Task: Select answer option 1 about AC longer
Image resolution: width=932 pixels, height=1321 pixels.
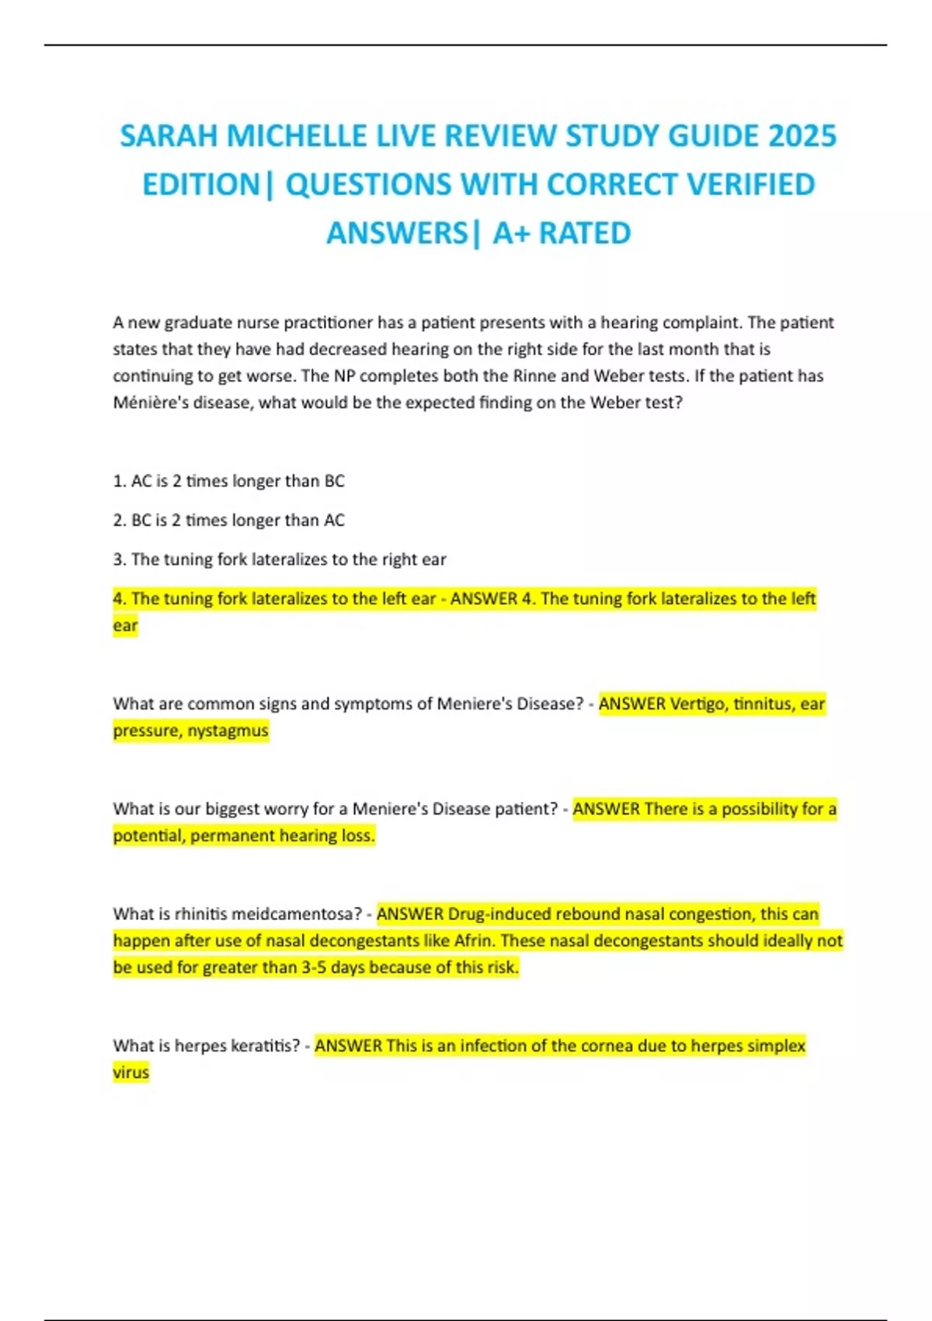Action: (228, 481)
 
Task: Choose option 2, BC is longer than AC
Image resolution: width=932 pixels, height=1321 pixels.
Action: (228, 520)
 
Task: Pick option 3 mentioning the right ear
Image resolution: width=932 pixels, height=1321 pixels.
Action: (280, 559)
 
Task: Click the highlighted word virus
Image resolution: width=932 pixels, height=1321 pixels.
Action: (130, 1072)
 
